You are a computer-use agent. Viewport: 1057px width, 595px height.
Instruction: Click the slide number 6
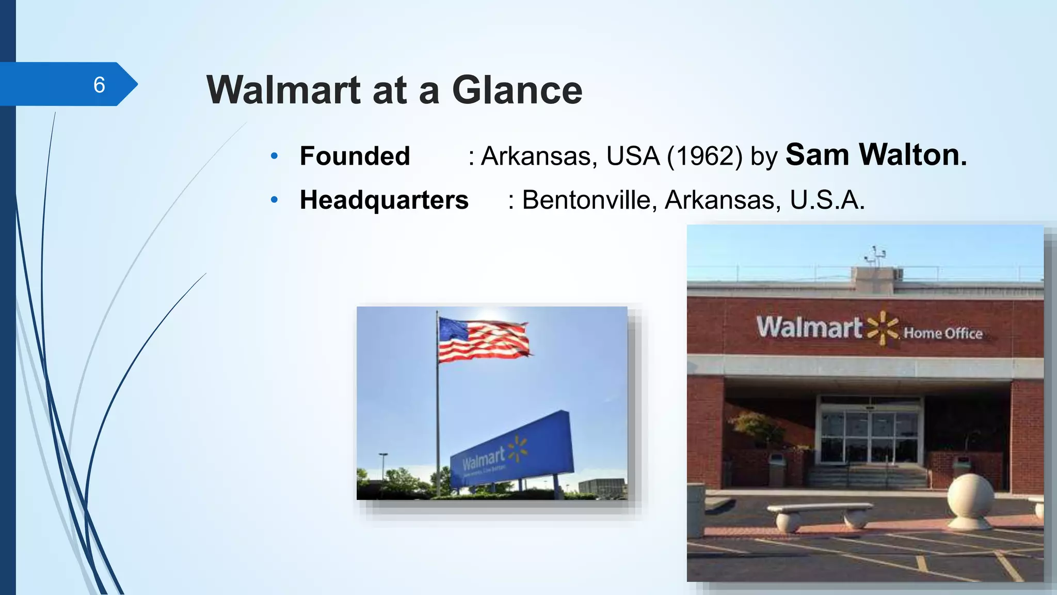click(x=99, y=85)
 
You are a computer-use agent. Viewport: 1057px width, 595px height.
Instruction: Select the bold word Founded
click(x=355, y=156)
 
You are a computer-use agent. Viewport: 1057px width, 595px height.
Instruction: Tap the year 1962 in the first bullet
click(x=704, y=156)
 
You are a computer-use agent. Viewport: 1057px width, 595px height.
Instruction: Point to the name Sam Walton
click(x=876, y=154)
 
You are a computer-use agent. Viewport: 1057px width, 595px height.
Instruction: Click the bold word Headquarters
click(x=384, y=200)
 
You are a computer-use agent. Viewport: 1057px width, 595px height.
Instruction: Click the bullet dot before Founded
click(x=275, y=155)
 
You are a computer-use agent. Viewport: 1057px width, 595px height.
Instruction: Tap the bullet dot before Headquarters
click(x=275, y=199)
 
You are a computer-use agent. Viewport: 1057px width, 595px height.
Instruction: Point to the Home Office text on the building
click(x=942, y=333)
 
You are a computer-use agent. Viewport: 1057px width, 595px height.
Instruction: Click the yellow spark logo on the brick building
click(x=883, y=327)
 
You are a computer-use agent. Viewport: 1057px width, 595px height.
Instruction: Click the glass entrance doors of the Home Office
click(x=870, y=436)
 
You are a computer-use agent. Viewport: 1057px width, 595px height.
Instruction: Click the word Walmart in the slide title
click(x=283, y=90)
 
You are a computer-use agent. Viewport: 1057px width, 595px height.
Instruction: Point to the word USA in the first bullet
click(x=633, y=156)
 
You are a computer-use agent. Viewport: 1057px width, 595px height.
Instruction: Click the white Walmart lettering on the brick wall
click(x=809, y=327)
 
